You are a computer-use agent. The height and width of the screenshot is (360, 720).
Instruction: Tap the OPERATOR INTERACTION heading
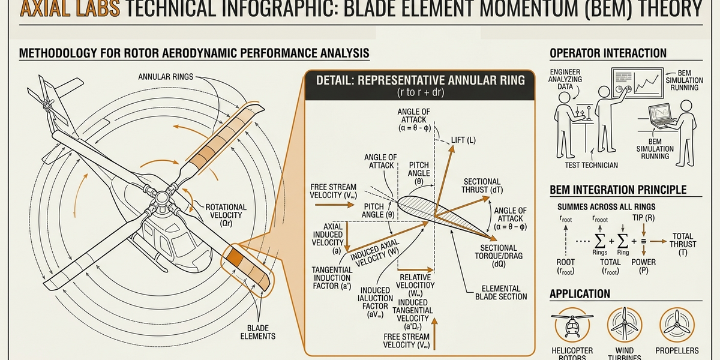pyautogui.click(x=608, y=53)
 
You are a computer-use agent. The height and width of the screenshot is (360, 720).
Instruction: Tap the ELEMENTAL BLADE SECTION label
pyautogui.click(x=500, y=292)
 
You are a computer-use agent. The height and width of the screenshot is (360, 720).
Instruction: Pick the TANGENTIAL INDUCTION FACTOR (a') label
pyautogui.click(x=331, y=278)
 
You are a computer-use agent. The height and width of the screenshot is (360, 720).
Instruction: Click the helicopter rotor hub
pyautogui.click(x=161, y=197)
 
